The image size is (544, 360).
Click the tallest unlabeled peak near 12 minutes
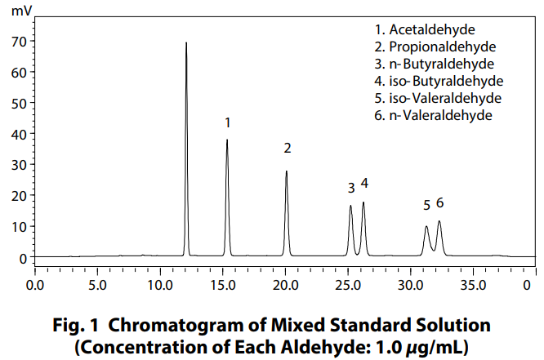click(x=186, y=46)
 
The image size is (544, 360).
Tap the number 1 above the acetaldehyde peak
click(x=228, y=122)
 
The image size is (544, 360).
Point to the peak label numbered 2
click(x=288, y=148)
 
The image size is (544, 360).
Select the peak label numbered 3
click(x=351, y=188)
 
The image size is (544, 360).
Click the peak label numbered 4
click(x=364, y=183)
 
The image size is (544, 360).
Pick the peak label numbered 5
click(x=426, y=205)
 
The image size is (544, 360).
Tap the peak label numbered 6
click(x=439, y=202)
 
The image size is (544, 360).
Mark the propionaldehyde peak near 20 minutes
click(x=287, y=173)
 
